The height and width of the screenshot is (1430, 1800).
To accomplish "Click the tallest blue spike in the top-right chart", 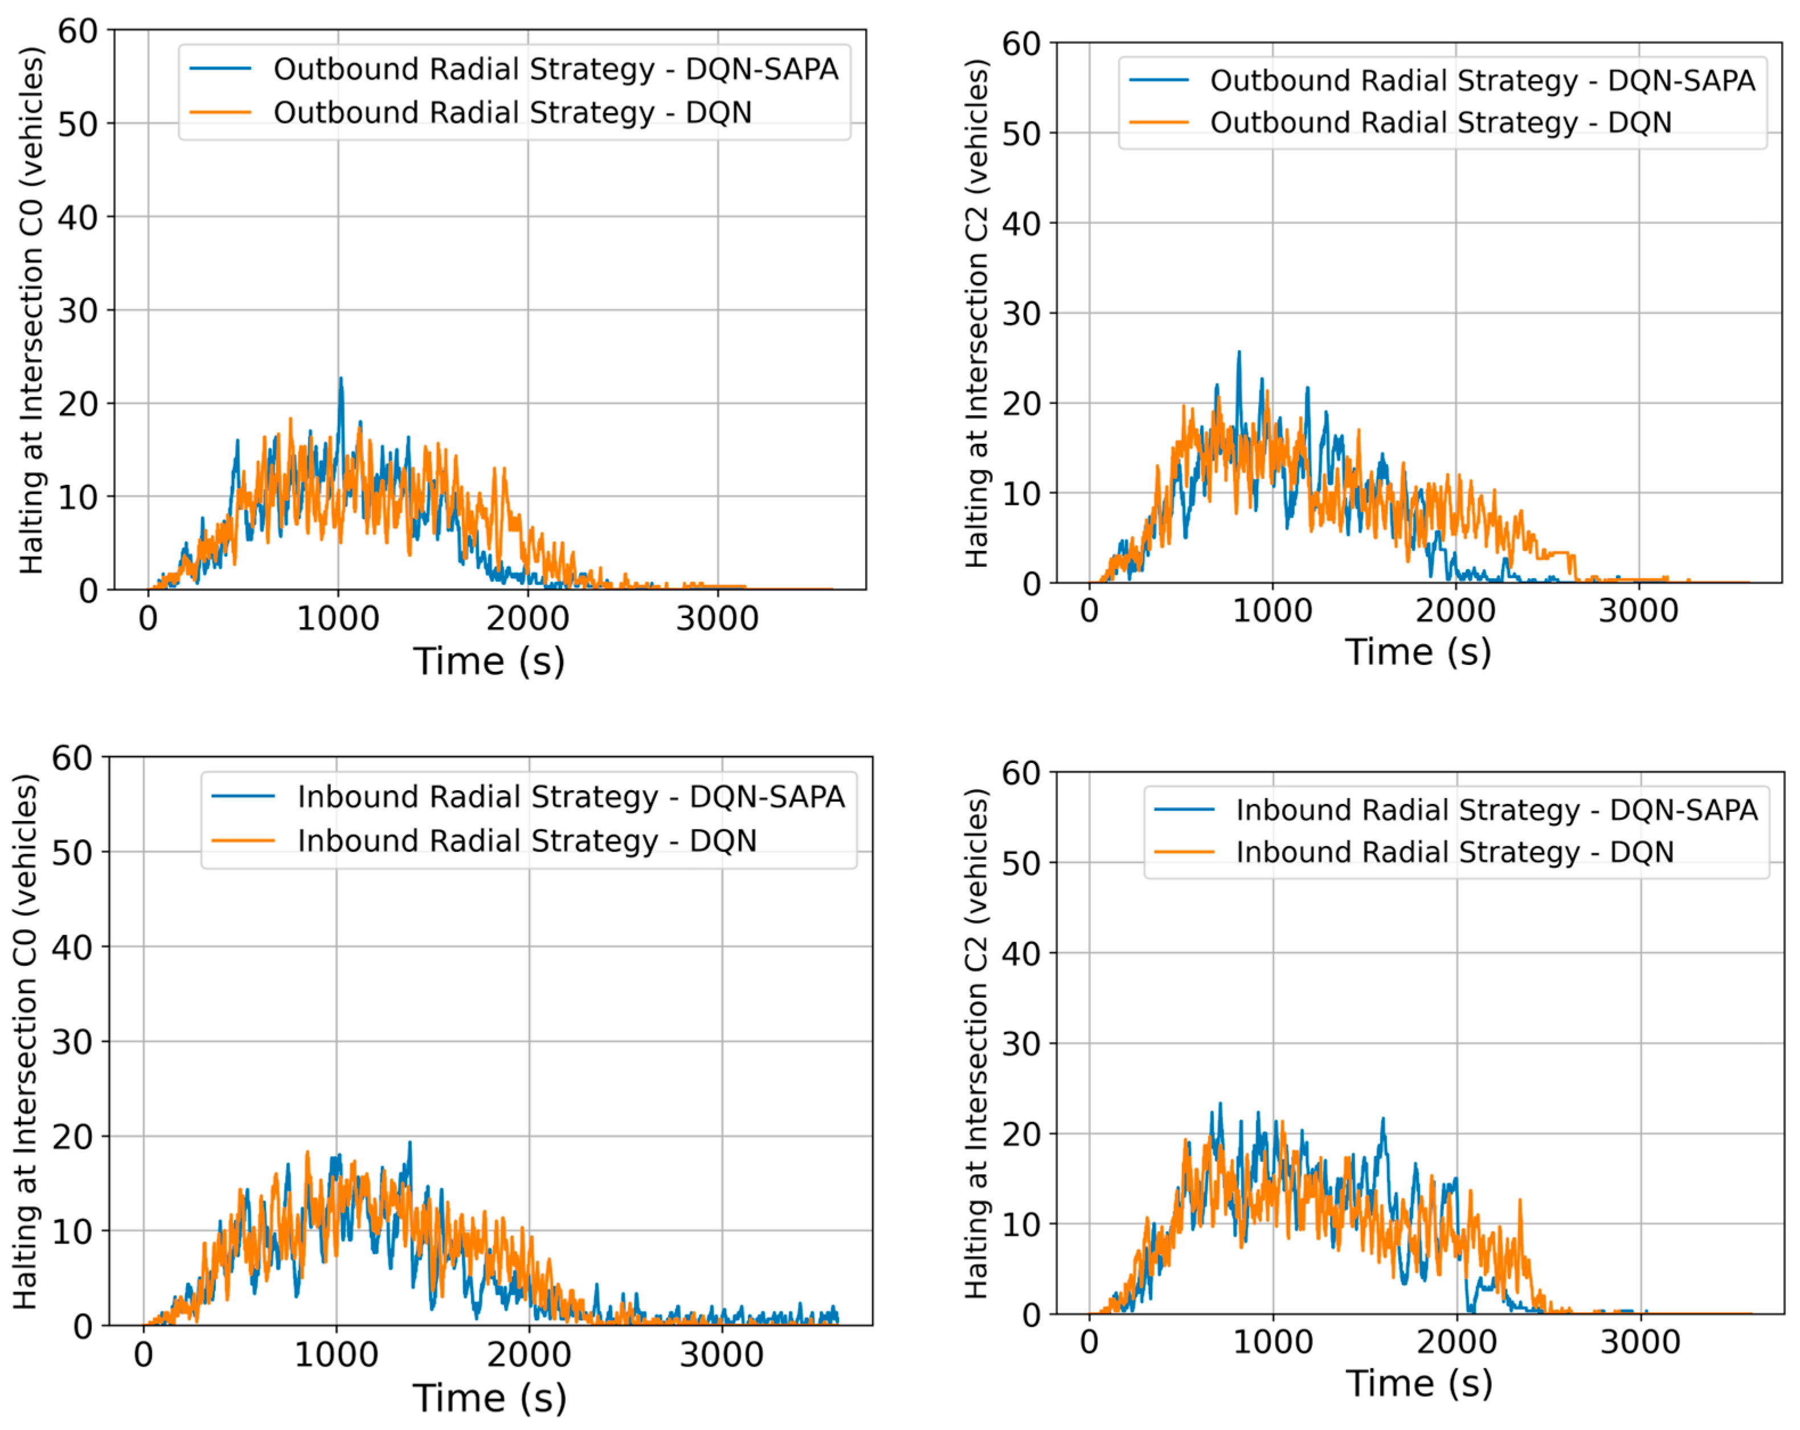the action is pos(1239,354).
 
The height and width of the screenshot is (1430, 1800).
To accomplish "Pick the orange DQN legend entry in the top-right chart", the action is pos(1401,122).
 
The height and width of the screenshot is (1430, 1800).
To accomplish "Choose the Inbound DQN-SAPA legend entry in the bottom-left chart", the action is pos(529,796).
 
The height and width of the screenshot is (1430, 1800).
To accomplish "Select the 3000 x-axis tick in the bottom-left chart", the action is pos(721,1355).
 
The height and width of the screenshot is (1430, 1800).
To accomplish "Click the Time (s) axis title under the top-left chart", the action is pos(489,661).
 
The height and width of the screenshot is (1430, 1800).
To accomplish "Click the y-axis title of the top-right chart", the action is pos(977,313).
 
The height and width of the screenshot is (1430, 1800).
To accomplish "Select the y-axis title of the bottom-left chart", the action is pos(26,1042).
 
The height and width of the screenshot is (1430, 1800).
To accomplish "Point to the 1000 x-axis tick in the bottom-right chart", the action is pos(1273,1342).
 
